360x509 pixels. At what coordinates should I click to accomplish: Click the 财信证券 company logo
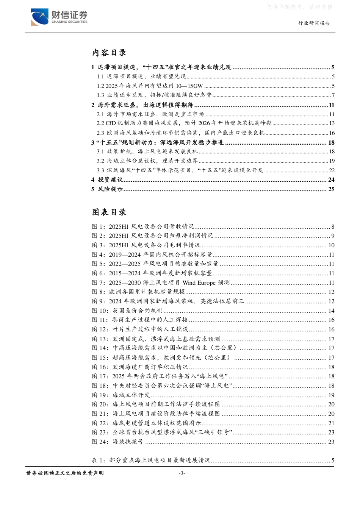[59, 17]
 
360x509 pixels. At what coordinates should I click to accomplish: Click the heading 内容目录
[109, 53]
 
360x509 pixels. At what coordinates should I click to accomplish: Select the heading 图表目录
[109, 212]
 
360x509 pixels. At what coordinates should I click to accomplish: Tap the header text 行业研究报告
[314, 23]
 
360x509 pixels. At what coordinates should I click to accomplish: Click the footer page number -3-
[182, 473]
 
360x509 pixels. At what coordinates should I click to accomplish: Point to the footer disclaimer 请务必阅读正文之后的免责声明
[65, 473]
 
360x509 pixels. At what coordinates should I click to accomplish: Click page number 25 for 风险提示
[331, 189]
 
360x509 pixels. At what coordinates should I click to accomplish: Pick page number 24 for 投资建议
[331, 180]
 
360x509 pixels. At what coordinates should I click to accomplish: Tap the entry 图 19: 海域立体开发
[121, 395]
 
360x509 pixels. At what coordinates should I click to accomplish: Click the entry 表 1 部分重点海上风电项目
[151, 461]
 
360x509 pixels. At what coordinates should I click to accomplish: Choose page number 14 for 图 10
[331, 311]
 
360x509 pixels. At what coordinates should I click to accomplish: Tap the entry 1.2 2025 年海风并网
[150, 86]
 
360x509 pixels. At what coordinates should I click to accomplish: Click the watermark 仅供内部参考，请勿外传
[299, 7]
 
